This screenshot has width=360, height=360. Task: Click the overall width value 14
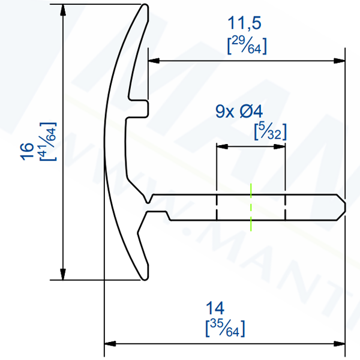(x=214, y=308)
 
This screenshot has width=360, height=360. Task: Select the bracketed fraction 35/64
(x=224, y=328)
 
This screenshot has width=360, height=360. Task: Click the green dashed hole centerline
(x=251, y=206)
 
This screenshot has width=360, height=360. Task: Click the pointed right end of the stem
(x=345, y=206)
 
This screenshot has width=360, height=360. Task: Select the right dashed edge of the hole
(x=286, y=206)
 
